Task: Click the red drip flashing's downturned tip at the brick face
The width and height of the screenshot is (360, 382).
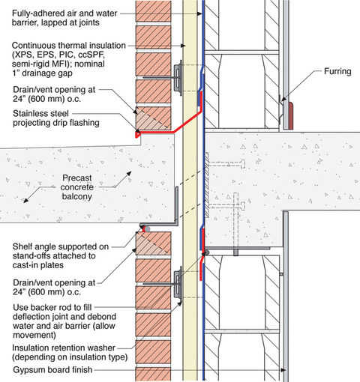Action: tap(137, 136)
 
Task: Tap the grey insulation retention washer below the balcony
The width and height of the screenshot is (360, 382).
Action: tap(179, 283)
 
